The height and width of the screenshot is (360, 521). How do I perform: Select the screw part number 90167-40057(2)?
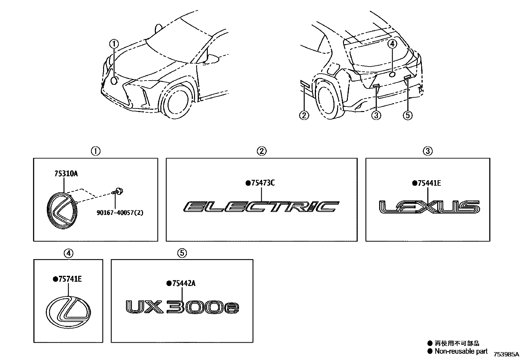tap(119, 213)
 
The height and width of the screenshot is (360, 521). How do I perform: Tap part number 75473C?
tap(262, 183)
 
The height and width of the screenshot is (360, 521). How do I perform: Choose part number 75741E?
tap(69, 279)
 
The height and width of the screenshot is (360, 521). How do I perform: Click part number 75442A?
tap(183, 284)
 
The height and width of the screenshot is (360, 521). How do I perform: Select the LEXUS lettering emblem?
tap(429, 207)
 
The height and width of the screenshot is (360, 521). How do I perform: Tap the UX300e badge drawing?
tap(183, 307)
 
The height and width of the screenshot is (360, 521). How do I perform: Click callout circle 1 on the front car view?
tap(114, 44)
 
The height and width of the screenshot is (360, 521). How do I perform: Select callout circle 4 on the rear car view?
tap(393, 44)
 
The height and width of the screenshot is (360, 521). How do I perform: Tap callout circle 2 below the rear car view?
tap(304, 115)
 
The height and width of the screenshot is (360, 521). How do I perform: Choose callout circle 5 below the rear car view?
tap(407, 115)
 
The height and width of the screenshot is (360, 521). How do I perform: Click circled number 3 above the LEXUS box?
tap(427, 151)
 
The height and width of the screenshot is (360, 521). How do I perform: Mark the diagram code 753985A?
tap(506, 354)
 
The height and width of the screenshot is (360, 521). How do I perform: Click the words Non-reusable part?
tap(461, 351)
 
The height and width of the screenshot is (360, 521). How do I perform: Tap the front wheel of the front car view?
tap(177, 102)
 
